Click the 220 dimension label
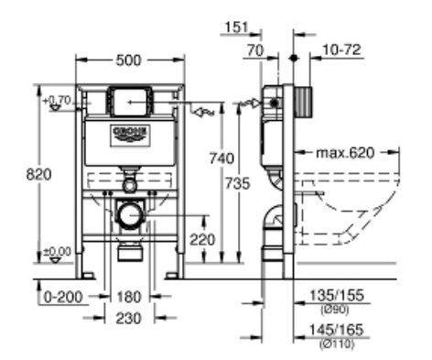203,240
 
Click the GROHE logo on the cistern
130,134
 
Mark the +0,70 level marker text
57,98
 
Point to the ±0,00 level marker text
57,250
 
